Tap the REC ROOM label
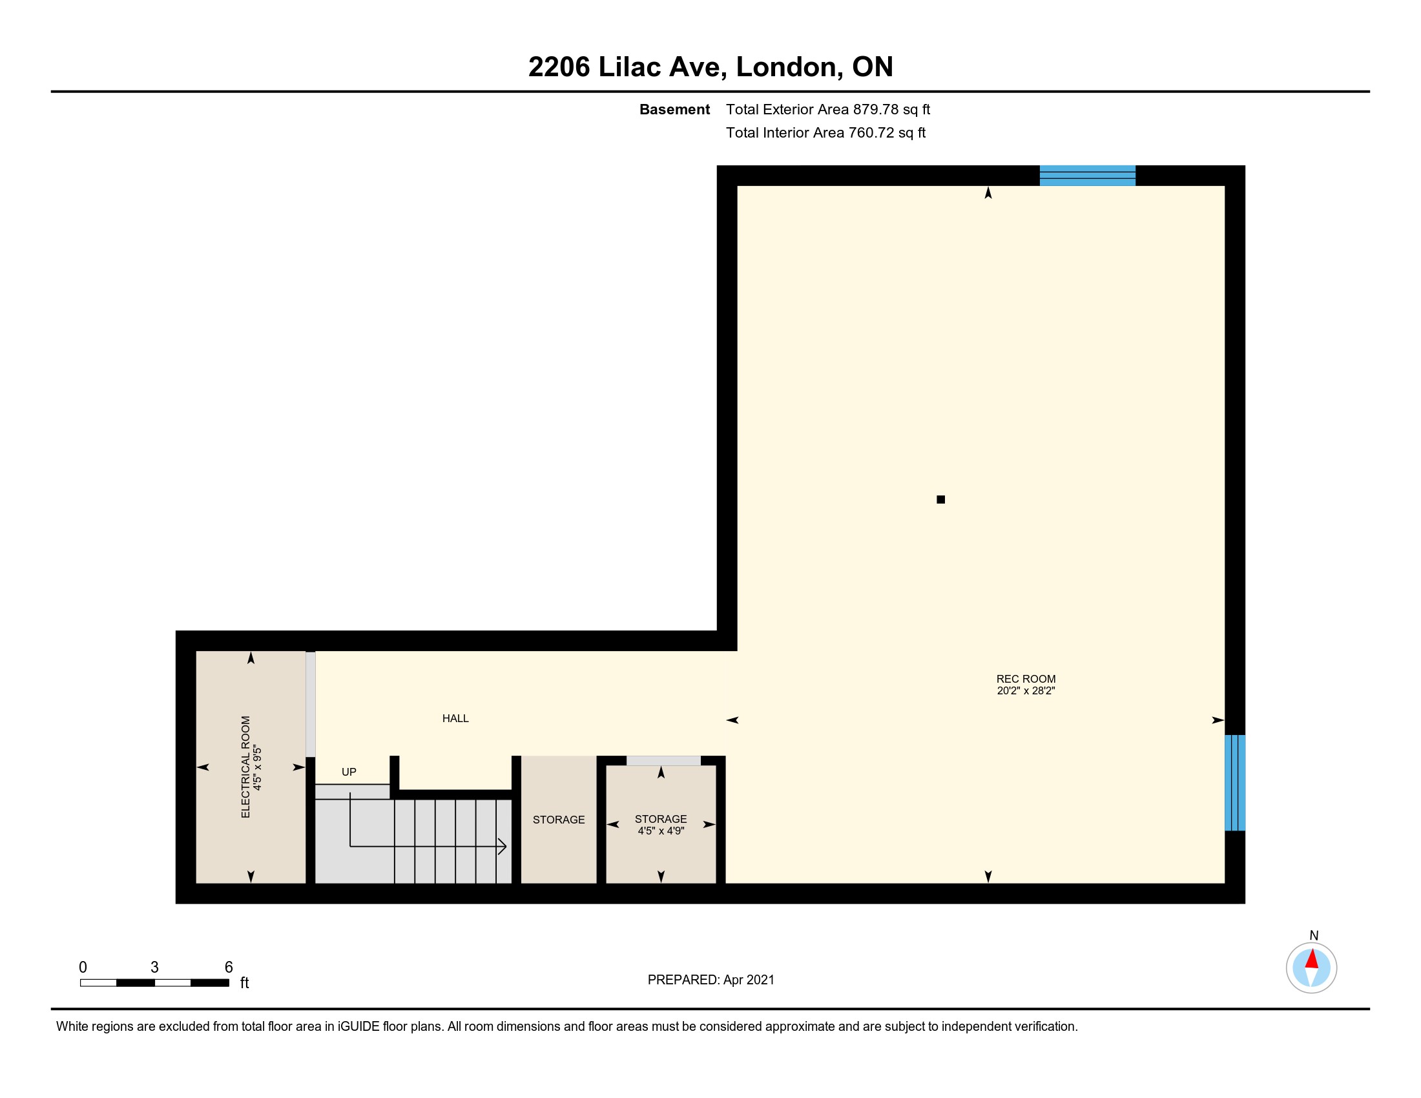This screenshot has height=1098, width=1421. coord(1026,679)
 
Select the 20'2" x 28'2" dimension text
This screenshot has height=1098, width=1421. coord(1026,691)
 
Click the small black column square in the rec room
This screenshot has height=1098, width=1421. coord(941,499)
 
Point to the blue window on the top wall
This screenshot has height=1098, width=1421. coord(1087,176)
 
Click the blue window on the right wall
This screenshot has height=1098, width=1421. coord(1235,783)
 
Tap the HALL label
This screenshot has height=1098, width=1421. coord(455,719)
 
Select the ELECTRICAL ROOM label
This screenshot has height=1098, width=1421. coord(245,767)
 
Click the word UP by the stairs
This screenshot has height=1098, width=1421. coord(349,772)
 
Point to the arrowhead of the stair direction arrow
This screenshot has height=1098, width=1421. coord(503,846)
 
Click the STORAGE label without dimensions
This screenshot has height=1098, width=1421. coord(559,820)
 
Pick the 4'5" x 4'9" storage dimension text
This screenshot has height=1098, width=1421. coord(661,831)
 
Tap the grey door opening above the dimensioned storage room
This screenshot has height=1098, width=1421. coord(663,761)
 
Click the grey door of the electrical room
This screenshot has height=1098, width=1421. coord(310,704)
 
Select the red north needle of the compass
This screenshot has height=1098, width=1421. coord(1312,958)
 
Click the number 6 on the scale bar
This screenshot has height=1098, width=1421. coord(229,968)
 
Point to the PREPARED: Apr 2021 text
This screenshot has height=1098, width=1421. coord(711,980)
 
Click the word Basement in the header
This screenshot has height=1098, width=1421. coord(675,109)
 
